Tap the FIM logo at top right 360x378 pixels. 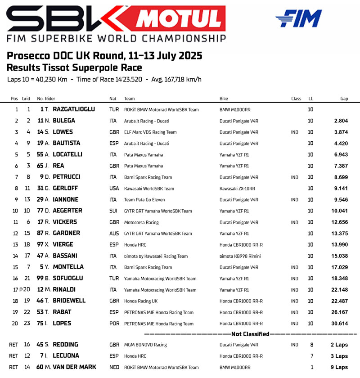point(298,18)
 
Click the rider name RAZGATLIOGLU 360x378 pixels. point(74,109)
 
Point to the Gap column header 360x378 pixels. point(344,99)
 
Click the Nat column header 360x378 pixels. point(113,99)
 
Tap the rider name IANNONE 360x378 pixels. point(65,199)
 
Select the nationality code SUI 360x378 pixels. point(114,211)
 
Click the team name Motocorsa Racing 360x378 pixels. point(141,222)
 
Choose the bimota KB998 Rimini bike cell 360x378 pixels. point(240,256)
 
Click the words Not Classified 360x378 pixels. point(250,334)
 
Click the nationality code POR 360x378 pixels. point(114,324)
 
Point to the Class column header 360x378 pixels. point(296,99)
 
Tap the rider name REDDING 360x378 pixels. point(65,345)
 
